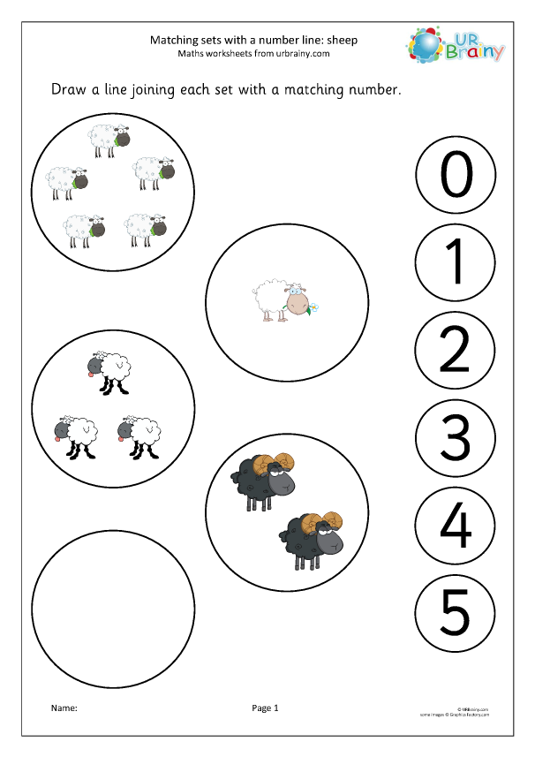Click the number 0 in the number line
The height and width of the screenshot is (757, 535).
point(456,176)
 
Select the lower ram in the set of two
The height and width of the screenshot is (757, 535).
point(310,537)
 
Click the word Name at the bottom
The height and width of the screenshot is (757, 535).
point(64,708)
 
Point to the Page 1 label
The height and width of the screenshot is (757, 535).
point(265,708)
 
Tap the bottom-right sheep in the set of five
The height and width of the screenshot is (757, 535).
point(146,229)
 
